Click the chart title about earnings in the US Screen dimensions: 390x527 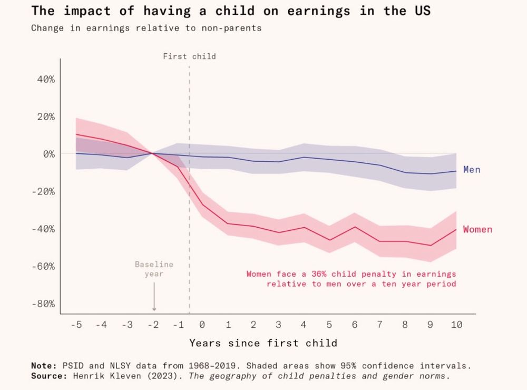(230, 11)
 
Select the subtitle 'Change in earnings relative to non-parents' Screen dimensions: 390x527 (146, 28)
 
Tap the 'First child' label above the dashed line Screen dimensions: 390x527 (189, 56)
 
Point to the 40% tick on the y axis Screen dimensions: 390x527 (45, 79)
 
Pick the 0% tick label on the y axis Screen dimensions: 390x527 (48, 154)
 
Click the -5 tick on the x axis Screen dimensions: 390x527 (76, 325)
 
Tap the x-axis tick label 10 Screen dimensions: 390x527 (456, 325)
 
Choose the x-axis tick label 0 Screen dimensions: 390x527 (202, 325)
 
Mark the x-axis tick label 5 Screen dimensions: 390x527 (329, 325)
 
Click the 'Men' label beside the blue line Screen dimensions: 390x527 (472, 170)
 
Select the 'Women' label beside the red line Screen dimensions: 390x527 (477, 229)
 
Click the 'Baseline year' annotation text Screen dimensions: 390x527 (154, 269)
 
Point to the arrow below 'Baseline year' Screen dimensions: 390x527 (154, 298)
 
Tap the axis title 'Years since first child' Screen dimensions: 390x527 (263, 343)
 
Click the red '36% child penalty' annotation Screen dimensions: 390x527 (351, 279)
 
